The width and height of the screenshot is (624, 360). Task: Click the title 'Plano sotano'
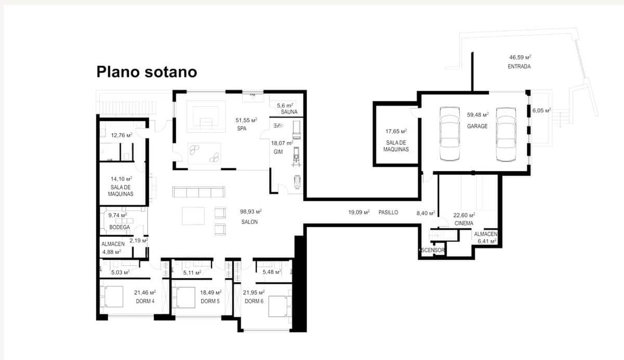pos(147,72)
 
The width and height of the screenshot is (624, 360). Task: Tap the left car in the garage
pos(449,134)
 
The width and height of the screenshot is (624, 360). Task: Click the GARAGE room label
pos(477,126)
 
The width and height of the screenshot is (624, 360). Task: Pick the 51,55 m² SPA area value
pos(246,120)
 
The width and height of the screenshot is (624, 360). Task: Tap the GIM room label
pos(278,152)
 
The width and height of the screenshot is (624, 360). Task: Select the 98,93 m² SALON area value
pos(250,212)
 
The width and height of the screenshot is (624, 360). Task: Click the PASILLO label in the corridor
pos(388,212)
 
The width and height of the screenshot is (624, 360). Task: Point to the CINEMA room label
pos(463,223)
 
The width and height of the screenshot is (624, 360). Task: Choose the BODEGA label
pos(119,227)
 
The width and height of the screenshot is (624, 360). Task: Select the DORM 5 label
pos(211,301)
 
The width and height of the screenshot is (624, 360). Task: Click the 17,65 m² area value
pos(396,132)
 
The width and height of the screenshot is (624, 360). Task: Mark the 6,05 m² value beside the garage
pos(541,110)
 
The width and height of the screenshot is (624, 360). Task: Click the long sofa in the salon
pos(199,192)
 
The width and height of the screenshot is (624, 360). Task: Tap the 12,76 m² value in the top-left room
pos(121,135)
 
